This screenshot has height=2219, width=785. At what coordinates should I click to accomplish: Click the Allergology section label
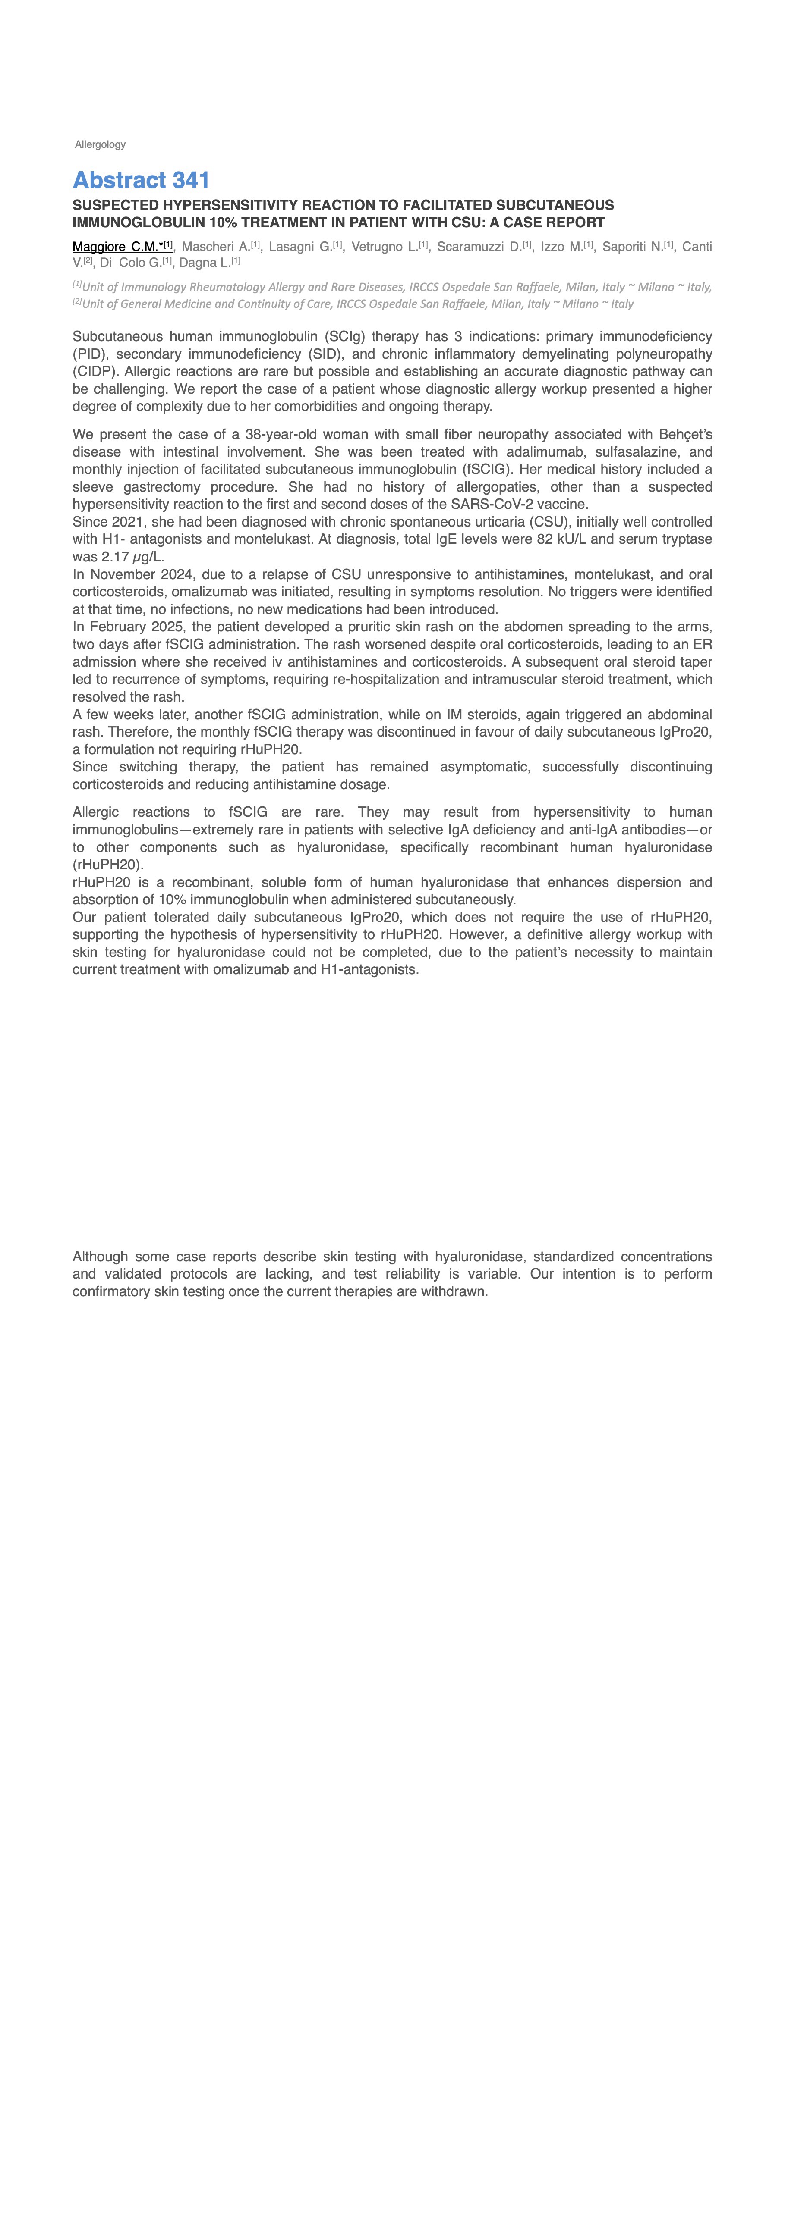tap(100, 145)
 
